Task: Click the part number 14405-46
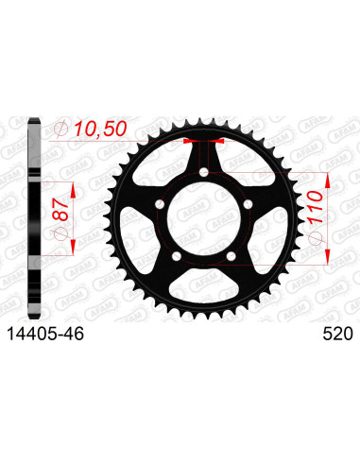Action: [45, 334]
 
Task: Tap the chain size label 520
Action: [337, 334]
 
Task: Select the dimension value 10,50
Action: [100, 129]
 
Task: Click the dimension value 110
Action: [316, 207]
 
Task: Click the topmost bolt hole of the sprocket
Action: [204, 172]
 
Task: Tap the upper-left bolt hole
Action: [160, 204]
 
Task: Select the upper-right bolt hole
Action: [249, 204]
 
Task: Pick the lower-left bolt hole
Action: [177, 256]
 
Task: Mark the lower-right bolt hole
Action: [231, 256]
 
